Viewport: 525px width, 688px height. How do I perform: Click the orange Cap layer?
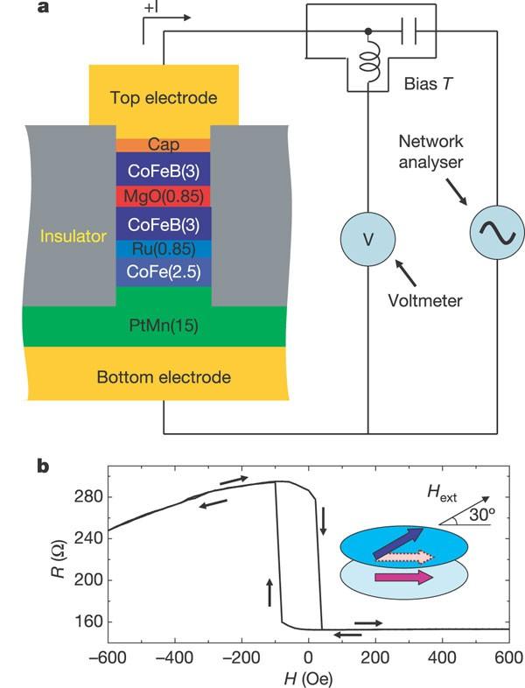163,145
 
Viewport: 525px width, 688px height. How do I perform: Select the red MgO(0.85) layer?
163,194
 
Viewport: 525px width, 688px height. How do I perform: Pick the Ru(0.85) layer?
163,249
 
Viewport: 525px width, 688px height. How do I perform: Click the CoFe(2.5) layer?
163,272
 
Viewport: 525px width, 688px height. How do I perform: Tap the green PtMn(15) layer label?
164,326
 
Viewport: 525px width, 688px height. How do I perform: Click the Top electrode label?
164,98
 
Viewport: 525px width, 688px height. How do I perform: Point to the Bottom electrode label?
164,377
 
